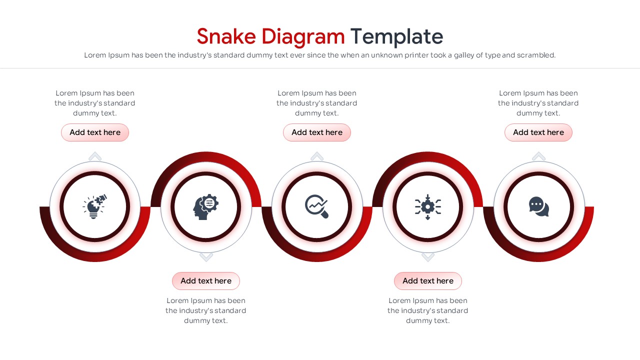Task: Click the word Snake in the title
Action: [x=226, y=36]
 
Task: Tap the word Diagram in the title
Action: [x=303, y=37]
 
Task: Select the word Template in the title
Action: [x=396, y=37]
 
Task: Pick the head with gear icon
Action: [x=205, y=206]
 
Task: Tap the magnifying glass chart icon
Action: [x=316, y=206]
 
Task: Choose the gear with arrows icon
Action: [x=427, y=207]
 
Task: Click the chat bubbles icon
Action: [x=539, y=206]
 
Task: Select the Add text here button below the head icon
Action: [x=206, y=281]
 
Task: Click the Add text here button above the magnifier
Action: [x=317, y=132]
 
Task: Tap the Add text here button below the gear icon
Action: [x=427, y=281]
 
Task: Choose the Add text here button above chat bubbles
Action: [x=538, y=132]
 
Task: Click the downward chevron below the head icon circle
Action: [x=206, y=257]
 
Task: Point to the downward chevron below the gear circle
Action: [x=427, y=257]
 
